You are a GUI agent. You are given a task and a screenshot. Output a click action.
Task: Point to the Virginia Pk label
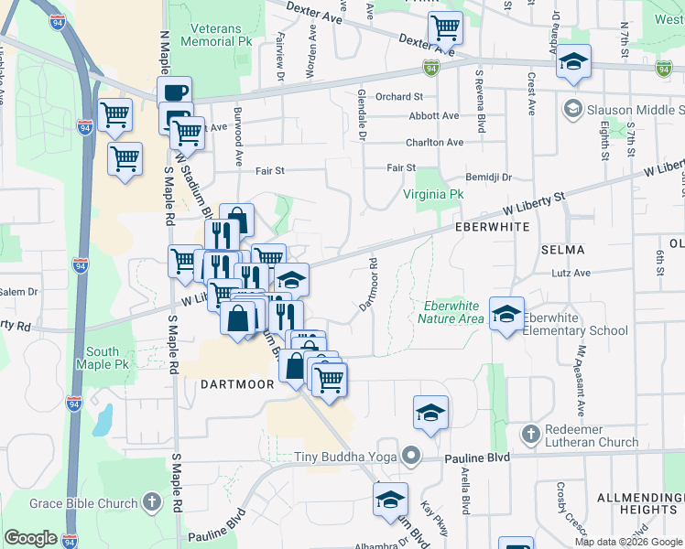click(434, 195)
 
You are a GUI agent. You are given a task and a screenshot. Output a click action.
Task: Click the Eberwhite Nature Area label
click(451, 312)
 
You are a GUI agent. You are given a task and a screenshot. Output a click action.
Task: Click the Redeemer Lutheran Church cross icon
click(529, 433)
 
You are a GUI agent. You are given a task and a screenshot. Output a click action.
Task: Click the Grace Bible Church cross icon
click(152, 502)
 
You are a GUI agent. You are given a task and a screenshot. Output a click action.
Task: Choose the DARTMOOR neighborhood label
click(236, 385)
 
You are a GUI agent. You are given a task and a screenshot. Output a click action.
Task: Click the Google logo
click(30, 538)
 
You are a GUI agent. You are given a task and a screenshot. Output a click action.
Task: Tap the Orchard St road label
click(398, 96)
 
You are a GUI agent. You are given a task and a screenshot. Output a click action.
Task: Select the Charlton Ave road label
click(435, 143)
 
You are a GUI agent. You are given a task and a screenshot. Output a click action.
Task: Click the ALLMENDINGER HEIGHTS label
click(636, 502)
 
